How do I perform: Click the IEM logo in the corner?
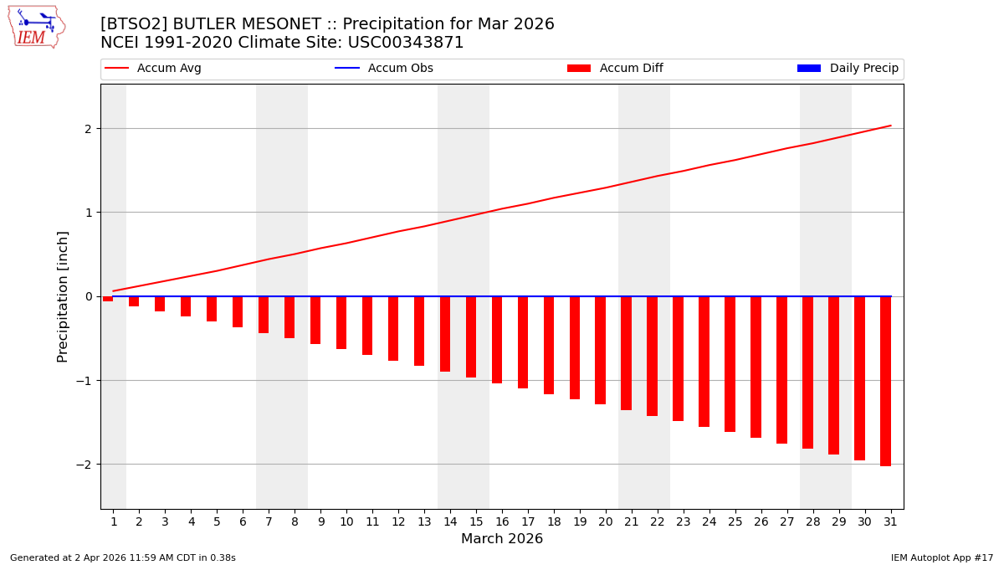[37, 27]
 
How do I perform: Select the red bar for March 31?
[885, 381]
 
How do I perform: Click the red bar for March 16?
[497, 340]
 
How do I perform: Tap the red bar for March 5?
[212, 309]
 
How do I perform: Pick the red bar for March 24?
[704, 362]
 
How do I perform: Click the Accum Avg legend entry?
[153, 69]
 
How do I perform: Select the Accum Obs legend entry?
[384, 69]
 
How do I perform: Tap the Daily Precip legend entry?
[848, 69]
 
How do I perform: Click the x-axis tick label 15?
[476, 521]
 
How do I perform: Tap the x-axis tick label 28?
[812, 521]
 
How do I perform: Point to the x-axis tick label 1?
[114, 521]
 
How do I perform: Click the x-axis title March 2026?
[502, 539]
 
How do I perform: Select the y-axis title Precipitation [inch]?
[63, 296]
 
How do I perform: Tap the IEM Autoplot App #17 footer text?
[942, 557]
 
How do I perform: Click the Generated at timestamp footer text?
[123, 557]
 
